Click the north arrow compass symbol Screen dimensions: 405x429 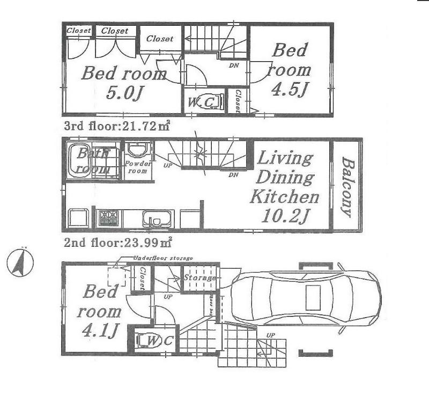20,263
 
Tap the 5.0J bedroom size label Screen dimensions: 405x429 124,93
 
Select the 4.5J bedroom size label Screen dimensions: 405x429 289,89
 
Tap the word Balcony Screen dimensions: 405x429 347,187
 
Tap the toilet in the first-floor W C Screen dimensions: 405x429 146,340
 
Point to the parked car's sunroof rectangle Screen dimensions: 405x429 313,297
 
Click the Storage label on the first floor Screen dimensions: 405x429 199,278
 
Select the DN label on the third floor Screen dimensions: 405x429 234,65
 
